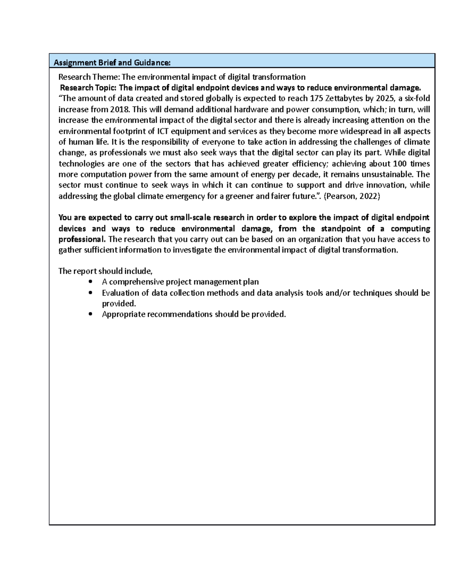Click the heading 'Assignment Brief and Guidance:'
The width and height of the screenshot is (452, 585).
(x=112, y=63)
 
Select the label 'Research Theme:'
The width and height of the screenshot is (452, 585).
(x=89, y=77)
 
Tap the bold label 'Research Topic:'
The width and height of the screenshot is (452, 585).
(x=89, y=88)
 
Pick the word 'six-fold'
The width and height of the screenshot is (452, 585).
(x=417, y=99)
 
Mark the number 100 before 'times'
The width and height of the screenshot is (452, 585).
(x=399, y=164)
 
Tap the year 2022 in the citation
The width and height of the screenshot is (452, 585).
(x=369, y=196)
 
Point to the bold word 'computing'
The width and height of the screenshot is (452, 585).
(x=410, y=229)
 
